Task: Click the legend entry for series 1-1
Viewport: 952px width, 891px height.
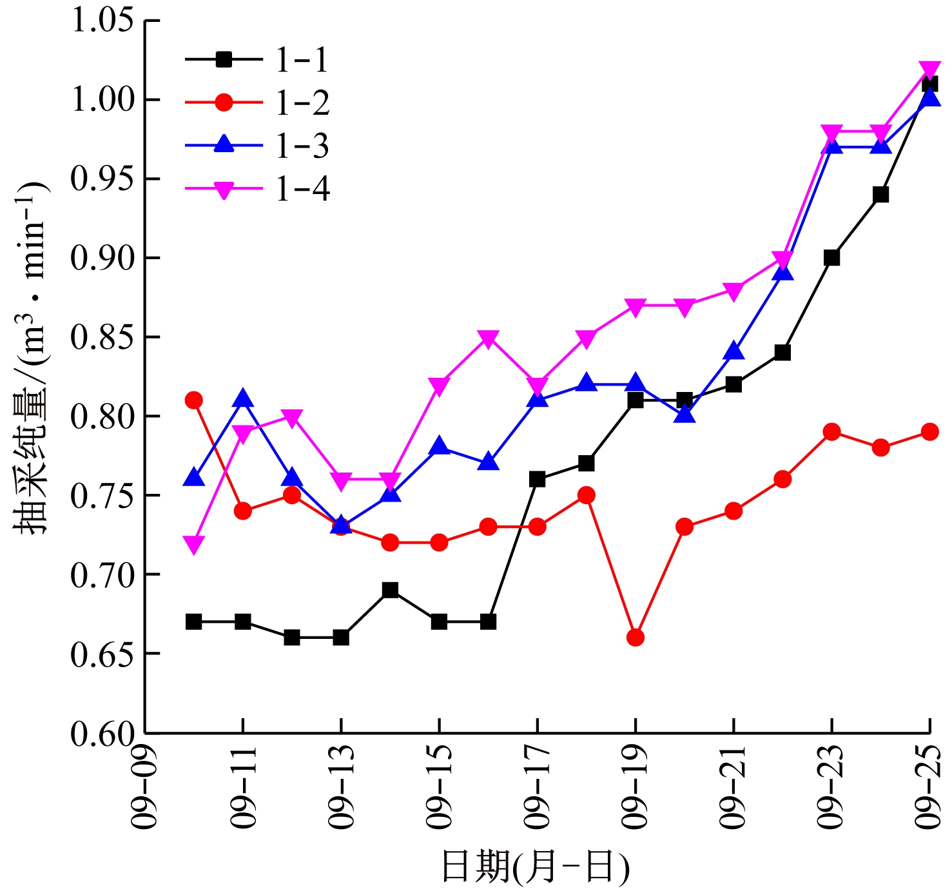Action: point(257,60)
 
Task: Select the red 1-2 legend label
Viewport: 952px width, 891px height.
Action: point(257,103)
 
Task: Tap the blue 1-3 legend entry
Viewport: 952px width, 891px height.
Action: point(257,145)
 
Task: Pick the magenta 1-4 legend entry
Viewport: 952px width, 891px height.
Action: point(257,189)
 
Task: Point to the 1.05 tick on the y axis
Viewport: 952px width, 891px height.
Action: point(102,21)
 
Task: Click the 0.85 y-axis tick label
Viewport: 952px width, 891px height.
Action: point(102,337)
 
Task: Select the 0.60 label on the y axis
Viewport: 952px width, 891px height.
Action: point(102,733)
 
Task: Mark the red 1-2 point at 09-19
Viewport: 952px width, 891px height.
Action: point(636,638)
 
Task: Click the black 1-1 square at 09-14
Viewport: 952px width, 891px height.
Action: point(390,590)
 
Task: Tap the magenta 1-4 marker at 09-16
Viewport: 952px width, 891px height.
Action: point(488,338)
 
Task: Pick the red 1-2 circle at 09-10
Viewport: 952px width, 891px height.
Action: point(194,400)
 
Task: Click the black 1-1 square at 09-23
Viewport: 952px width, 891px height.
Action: point(831,258)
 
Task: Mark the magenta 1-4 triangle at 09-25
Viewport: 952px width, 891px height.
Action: point(929,70)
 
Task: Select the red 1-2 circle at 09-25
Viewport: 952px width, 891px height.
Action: point(929,432)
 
